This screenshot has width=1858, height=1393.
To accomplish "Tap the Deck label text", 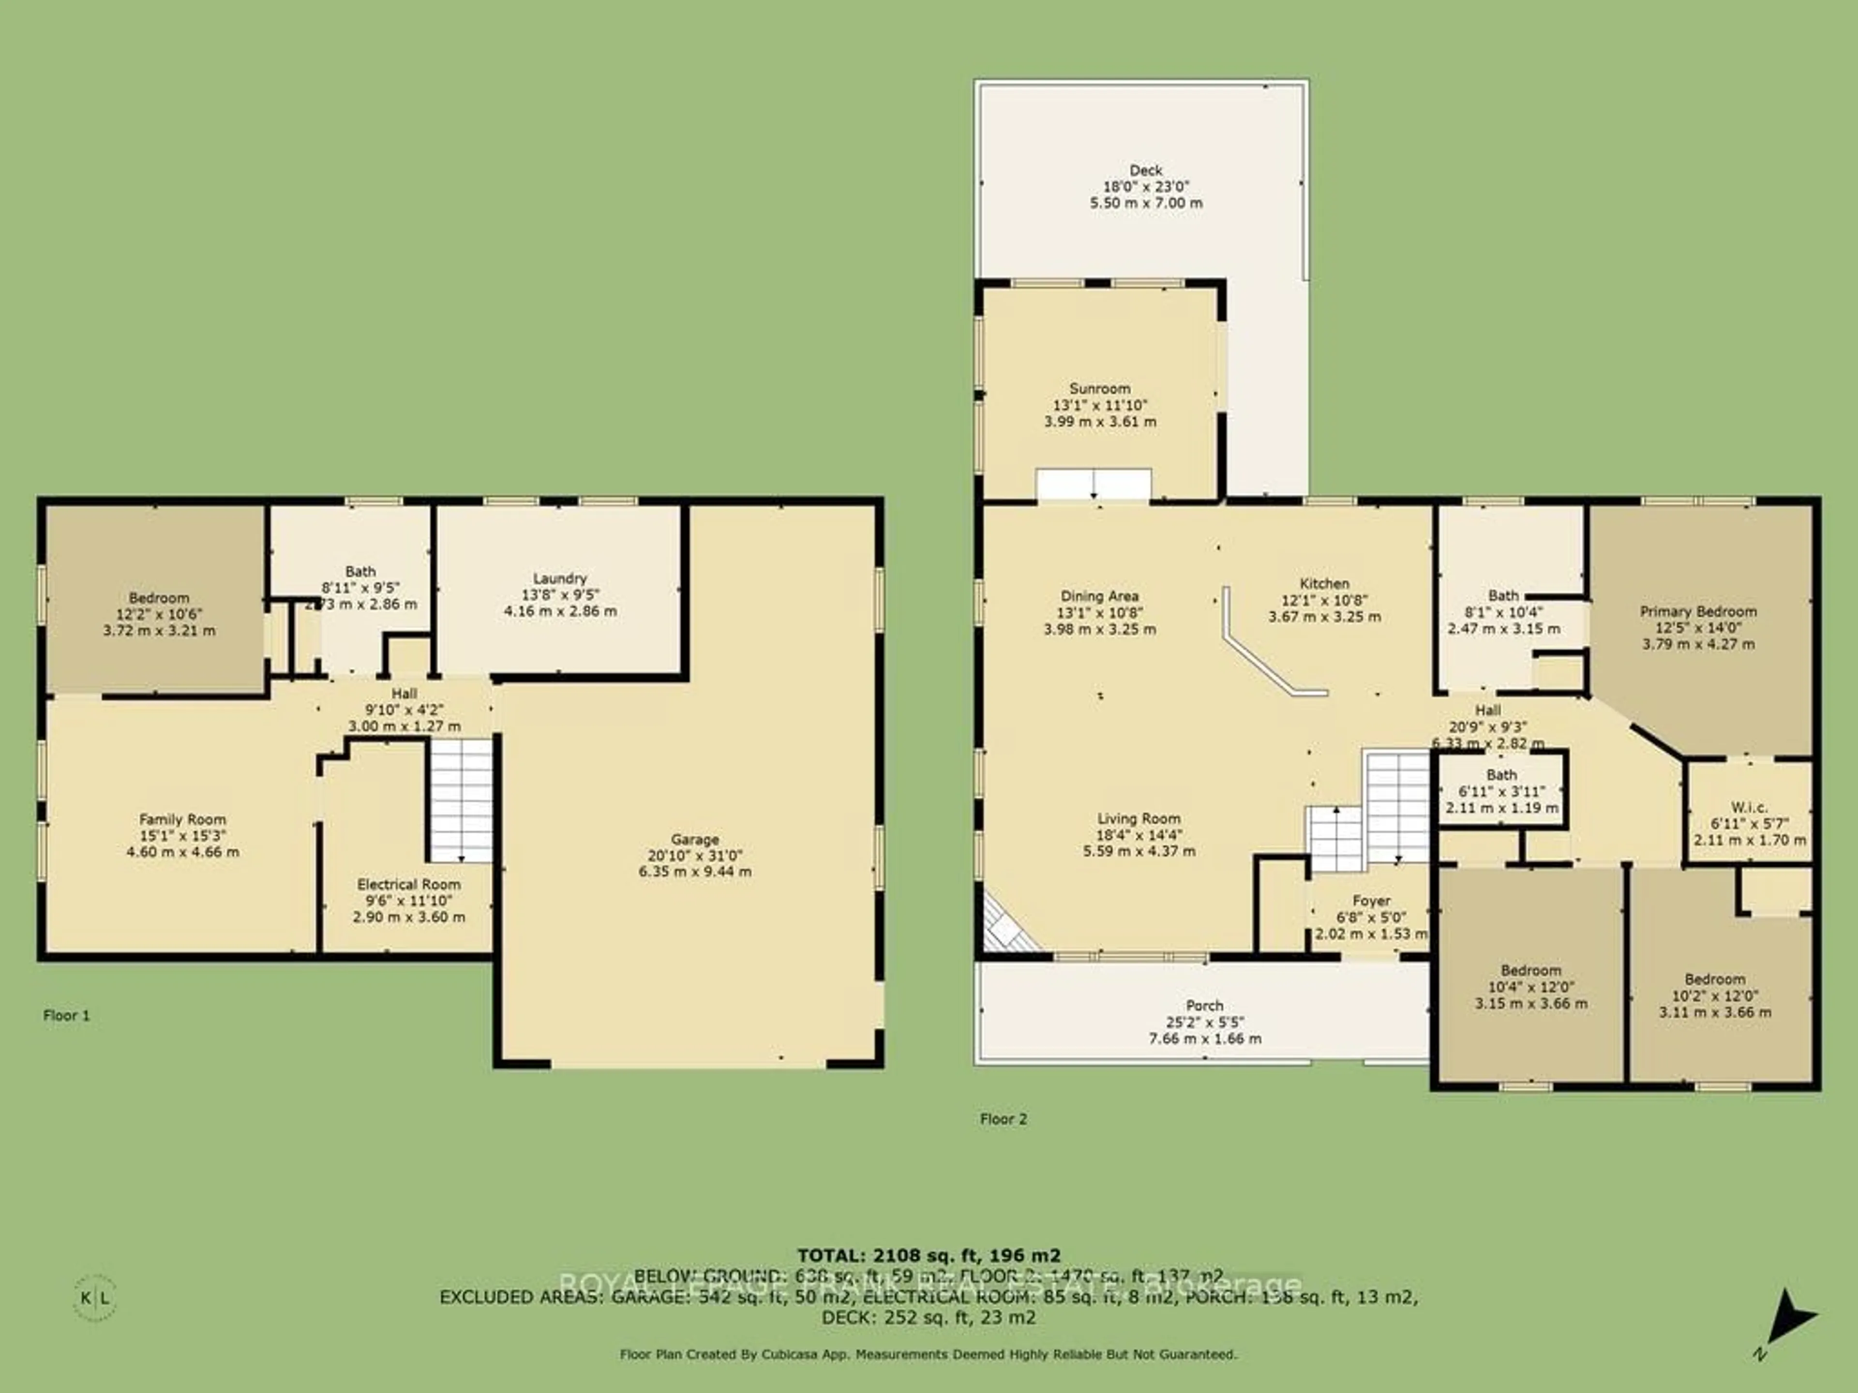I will pyautogui.click(x=1146, y=170).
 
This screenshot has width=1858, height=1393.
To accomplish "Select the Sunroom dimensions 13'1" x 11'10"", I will pyautogui.click(x=1099, y=405).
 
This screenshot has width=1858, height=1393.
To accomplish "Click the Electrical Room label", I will pyautogui.click(x=408, y=884).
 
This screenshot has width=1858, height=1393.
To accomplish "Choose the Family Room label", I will pyautogui.click(x=182, y=819).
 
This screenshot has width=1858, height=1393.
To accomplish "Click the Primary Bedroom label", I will pyautogui.click(x=1697, y=611).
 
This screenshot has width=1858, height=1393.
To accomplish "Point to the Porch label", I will pyautogui.click(x=1204, y=1005).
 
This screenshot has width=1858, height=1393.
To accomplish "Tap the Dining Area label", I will pyautogui.click(x=1099, y=596).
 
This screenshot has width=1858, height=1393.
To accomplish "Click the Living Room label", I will pyautogui.click(x=1138, y=819).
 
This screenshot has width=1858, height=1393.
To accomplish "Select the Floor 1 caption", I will pyautogui.click(x=66, y=1015).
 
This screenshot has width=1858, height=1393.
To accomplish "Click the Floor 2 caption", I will pyautogui.click(x=1003, y=1118).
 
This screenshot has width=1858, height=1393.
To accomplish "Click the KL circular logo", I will pyautogui.click(x=95, y=1297).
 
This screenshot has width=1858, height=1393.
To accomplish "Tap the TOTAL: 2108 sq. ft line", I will pyautogui.click(x=928, y=1256).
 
